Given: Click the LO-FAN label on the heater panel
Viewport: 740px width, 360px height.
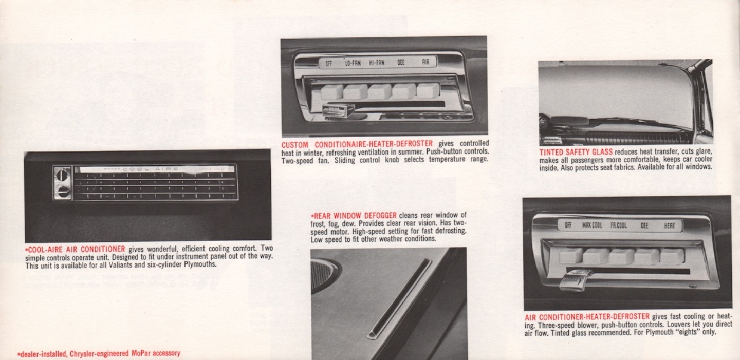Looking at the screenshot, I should (x=353, y=63).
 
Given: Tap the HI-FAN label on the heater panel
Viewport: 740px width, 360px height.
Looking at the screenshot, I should (x=377, y=63).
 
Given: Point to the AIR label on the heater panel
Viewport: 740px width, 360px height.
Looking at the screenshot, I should (x=425, y=62).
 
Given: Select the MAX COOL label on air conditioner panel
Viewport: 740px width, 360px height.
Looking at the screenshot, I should (x=593, y=225).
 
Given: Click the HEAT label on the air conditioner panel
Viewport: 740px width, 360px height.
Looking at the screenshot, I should (x=670, y=225).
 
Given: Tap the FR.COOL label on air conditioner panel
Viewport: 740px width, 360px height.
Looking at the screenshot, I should (x=619, y=225).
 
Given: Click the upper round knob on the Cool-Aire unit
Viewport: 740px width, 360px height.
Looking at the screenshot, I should (x=62, y=175).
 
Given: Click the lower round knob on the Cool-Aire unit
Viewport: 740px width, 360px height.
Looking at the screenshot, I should (x=63, y=192).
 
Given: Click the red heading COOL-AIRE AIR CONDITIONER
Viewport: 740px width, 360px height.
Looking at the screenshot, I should (x=76, y=249).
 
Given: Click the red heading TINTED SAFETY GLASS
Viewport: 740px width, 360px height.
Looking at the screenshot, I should (x=576, y=152).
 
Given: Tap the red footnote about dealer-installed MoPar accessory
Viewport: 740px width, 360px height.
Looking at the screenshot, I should (x=99, y=354).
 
